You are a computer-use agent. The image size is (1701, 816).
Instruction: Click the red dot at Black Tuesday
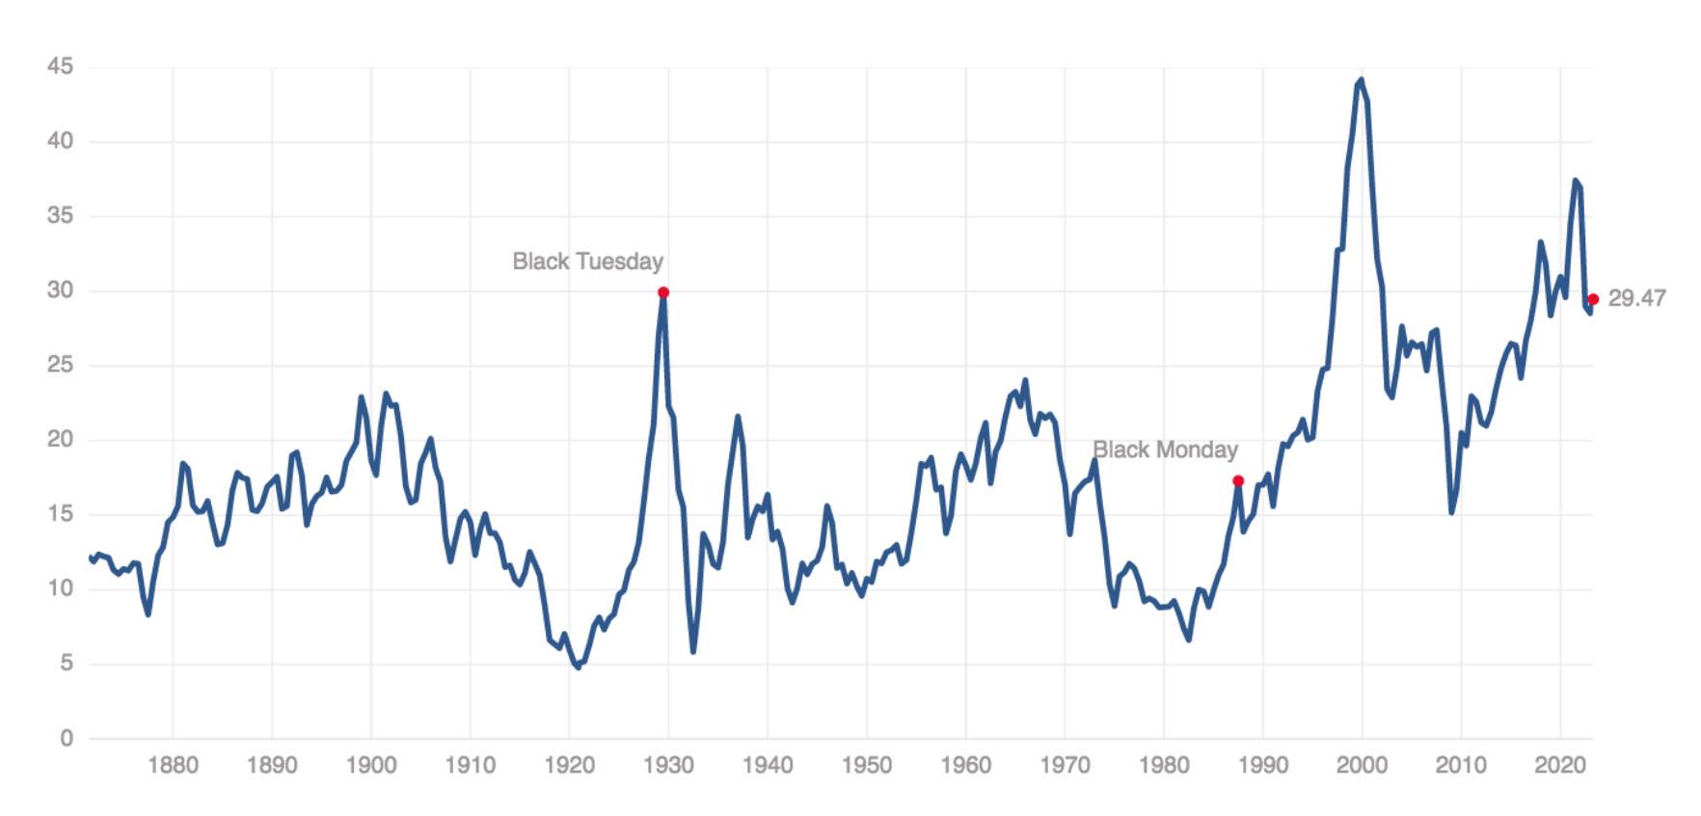(663, 292)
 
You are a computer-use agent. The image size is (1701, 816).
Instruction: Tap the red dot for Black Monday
(1238, 480)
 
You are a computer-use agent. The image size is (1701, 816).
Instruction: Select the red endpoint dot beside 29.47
(1593, 299)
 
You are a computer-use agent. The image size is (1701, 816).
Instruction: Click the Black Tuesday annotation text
(587, 261)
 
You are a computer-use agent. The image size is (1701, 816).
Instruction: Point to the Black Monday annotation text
(1165, 449)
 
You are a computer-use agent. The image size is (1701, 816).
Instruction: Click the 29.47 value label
(1636, 298)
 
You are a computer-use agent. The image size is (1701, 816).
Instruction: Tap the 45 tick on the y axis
(60, 67)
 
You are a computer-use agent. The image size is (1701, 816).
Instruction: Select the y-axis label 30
(60, 290)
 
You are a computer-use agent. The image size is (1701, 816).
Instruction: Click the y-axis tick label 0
(66, 738)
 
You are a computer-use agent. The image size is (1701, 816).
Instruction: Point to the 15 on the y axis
(60, 514)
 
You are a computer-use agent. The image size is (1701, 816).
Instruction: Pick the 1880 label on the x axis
(173, 766)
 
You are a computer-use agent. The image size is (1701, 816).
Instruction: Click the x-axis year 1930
(668, 766)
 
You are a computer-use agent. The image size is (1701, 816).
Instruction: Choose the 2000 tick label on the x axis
(1362, 766)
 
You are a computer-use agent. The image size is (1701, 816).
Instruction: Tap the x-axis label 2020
(1559, 766)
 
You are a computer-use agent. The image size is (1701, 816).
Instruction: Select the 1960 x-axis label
(965, 766)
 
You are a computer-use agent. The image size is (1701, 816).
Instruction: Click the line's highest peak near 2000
(1361, 80)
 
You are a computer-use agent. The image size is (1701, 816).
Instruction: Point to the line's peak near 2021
(1575, 180)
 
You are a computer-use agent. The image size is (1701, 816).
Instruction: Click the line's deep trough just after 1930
(692, 652)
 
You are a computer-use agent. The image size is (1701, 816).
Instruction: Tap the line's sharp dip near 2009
(1451, 512)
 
